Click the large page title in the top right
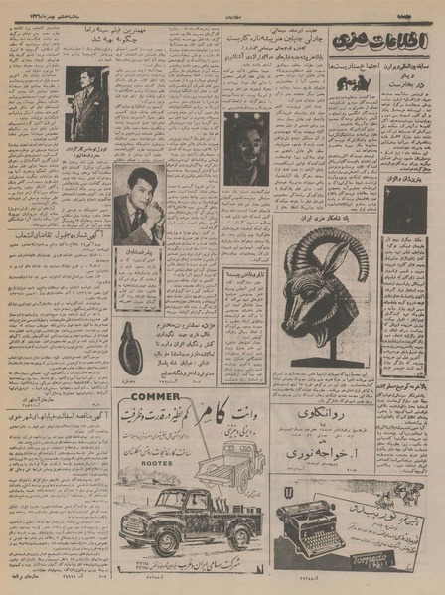(391, 42)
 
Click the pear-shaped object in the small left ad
(127, 347)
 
